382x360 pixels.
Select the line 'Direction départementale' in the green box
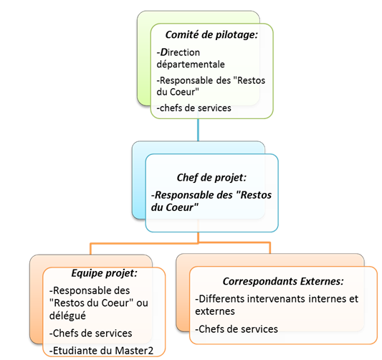[189, 57]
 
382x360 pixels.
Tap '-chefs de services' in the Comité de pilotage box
[194, 108]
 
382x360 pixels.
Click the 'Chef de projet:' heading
[211, 178]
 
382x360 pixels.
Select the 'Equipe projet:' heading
[105, 273]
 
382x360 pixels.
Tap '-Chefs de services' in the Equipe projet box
[91, 333]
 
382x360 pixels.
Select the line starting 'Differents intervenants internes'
[276, 298]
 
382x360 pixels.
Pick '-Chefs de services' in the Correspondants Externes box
[237, 328]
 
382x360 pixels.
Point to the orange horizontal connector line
[179, 244]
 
